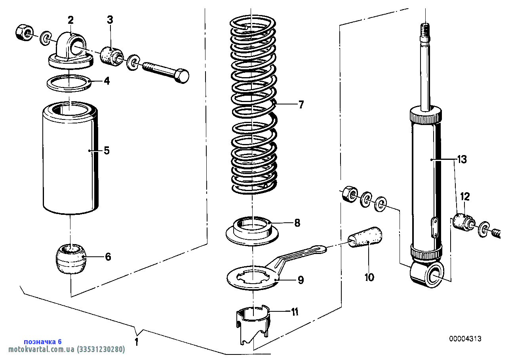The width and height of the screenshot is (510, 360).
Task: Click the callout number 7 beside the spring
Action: [x=301, y=105]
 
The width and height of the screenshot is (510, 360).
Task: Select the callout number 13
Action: [x=462, y=160]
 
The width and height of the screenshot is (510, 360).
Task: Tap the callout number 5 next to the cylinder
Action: [x=107, y=150]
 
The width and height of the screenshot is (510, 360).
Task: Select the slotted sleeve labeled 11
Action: [x=253, y=322]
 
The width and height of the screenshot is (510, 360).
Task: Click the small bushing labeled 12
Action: [x=462, y=222]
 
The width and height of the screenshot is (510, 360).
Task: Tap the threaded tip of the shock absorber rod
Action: [x=425, y=31]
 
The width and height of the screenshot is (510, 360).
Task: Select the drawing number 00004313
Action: [x=465, y=339]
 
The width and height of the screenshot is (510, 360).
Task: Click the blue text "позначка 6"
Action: [x=43, y=341]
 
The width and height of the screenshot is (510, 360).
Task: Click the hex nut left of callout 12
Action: [x=348, y=193]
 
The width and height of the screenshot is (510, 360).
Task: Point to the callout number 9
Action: [x=301, y=280]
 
